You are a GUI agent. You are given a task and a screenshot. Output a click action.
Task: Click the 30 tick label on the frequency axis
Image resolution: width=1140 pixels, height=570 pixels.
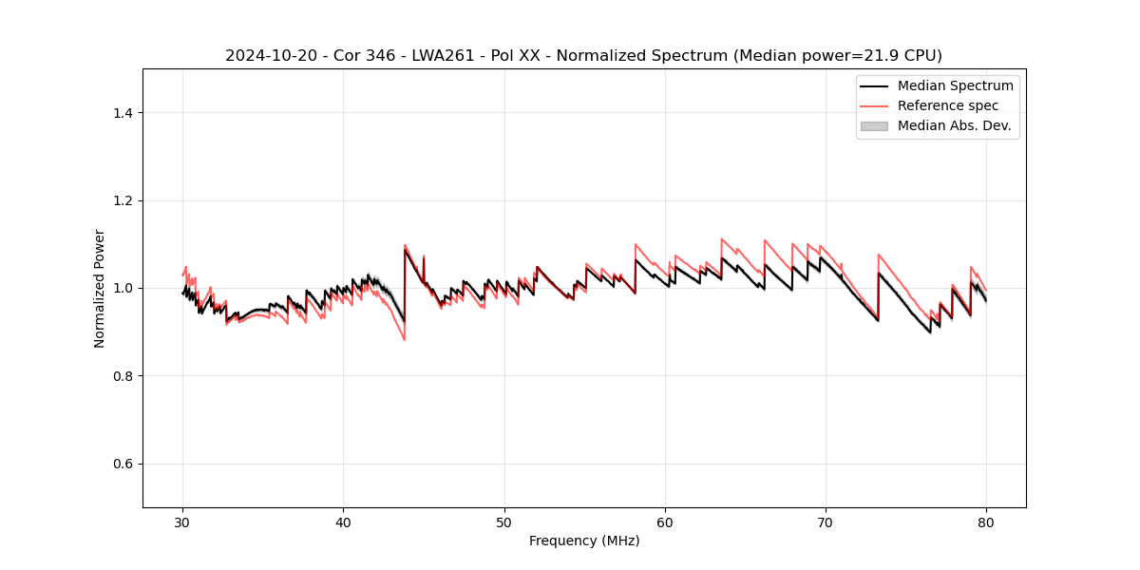click(x=183, y=522)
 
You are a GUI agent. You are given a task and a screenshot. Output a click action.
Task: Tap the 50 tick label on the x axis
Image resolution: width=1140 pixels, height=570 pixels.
click(x=504, y=522)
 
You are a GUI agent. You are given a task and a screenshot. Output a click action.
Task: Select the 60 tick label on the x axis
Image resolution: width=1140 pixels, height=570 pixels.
click(x=665, y=522)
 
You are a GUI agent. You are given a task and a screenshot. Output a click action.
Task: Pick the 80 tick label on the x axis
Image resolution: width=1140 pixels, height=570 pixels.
click(x=986, y=522)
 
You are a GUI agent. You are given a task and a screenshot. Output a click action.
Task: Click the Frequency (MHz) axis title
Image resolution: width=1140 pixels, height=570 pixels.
click(x=584, y=541)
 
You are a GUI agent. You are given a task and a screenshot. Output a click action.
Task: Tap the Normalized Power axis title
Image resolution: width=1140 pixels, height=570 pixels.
click(x=100, y=288)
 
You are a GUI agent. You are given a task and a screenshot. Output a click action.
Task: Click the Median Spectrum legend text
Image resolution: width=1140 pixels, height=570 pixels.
click(x=955, y=85)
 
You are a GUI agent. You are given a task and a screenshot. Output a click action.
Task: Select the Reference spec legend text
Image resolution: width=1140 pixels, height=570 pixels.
click(x=948, y=105)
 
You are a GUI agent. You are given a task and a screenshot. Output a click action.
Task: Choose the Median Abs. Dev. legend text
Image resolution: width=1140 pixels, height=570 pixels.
click(x=955, y=125)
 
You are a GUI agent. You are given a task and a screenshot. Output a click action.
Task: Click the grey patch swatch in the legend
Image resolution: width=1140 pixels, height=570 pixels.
click(x=874, y=125)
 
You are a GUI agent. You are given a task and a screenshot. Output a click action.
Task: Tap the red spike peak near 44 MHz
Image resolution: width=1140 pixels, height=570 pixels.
click(x=405, y=245)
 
